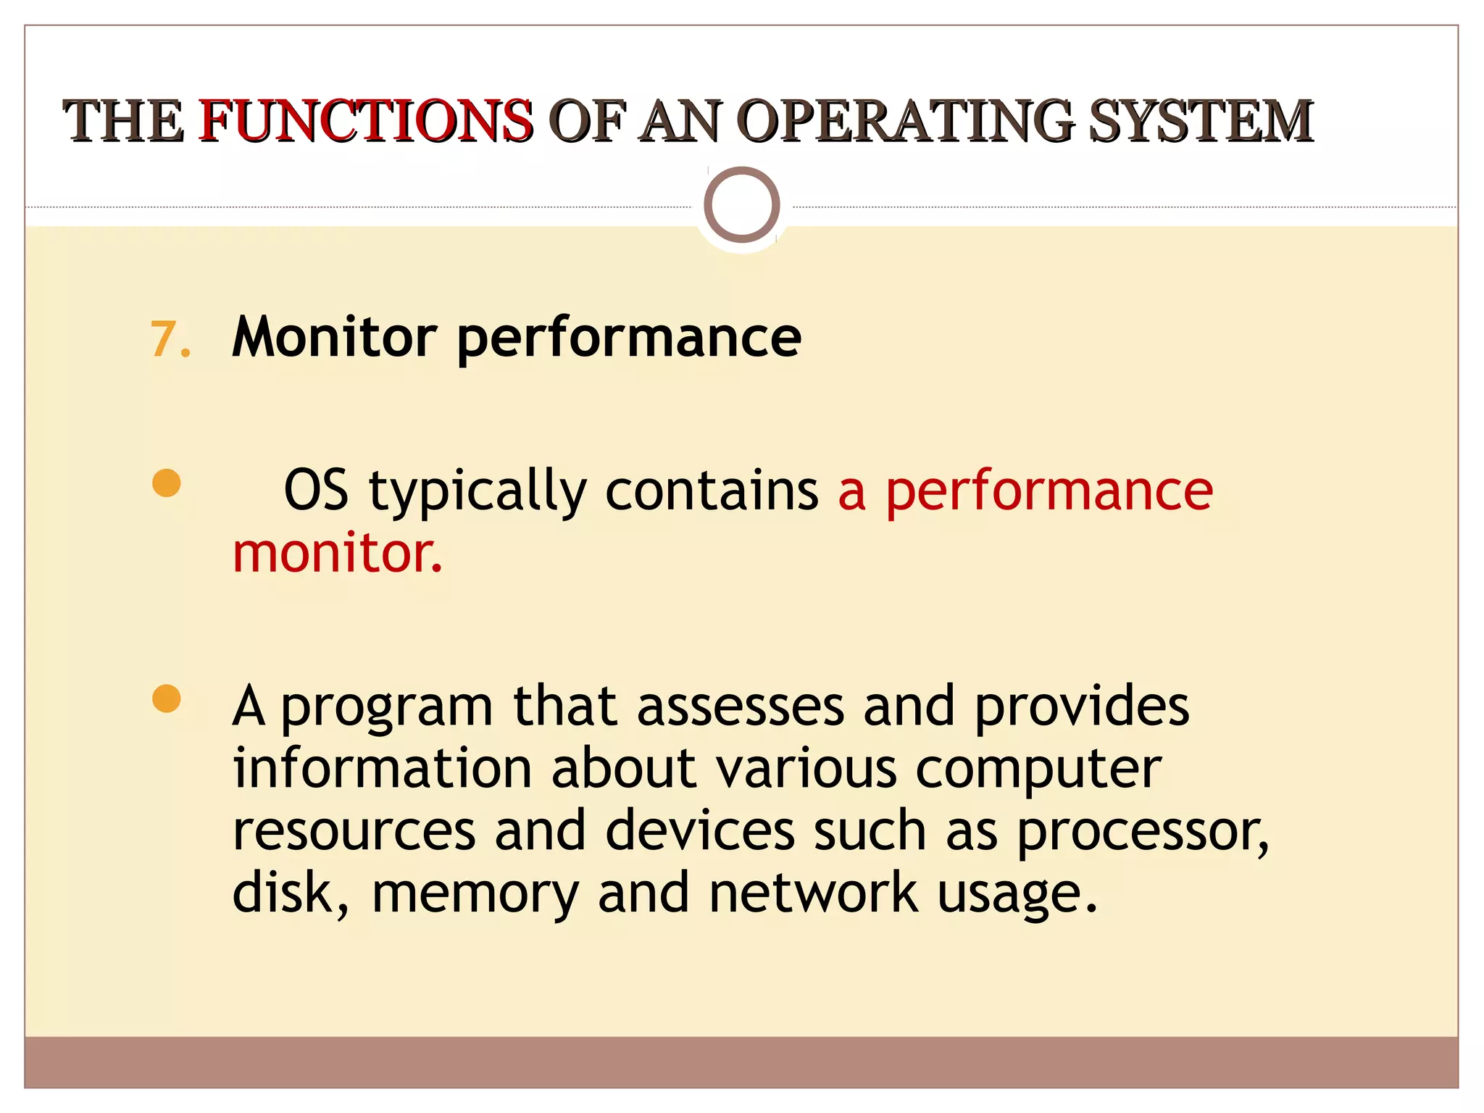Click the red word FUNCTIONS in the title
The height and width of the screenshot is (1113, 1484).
(x=366, y=120)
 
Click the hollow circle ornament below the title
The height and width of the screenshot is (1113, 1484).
(x=741, y=204)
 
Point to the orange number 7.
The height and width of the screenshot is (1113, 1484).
(x=170, y=339)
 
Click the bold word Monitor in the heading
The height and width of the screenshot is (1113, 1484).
(x=334, y=337)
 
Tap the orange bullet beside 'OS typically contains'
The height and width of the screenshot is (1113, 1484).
(x=167, y=483)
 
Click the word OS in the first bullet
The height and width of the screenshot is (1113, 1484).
(x=316, y=491)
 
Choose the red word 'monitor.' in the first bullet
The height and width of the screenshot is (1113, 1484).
(x=337, y=553)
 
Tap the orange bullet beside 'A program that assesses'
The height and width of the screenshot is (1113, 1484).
(x=167, y=699)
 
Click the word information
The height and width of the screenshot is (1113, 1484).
(x=383, y=768)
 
